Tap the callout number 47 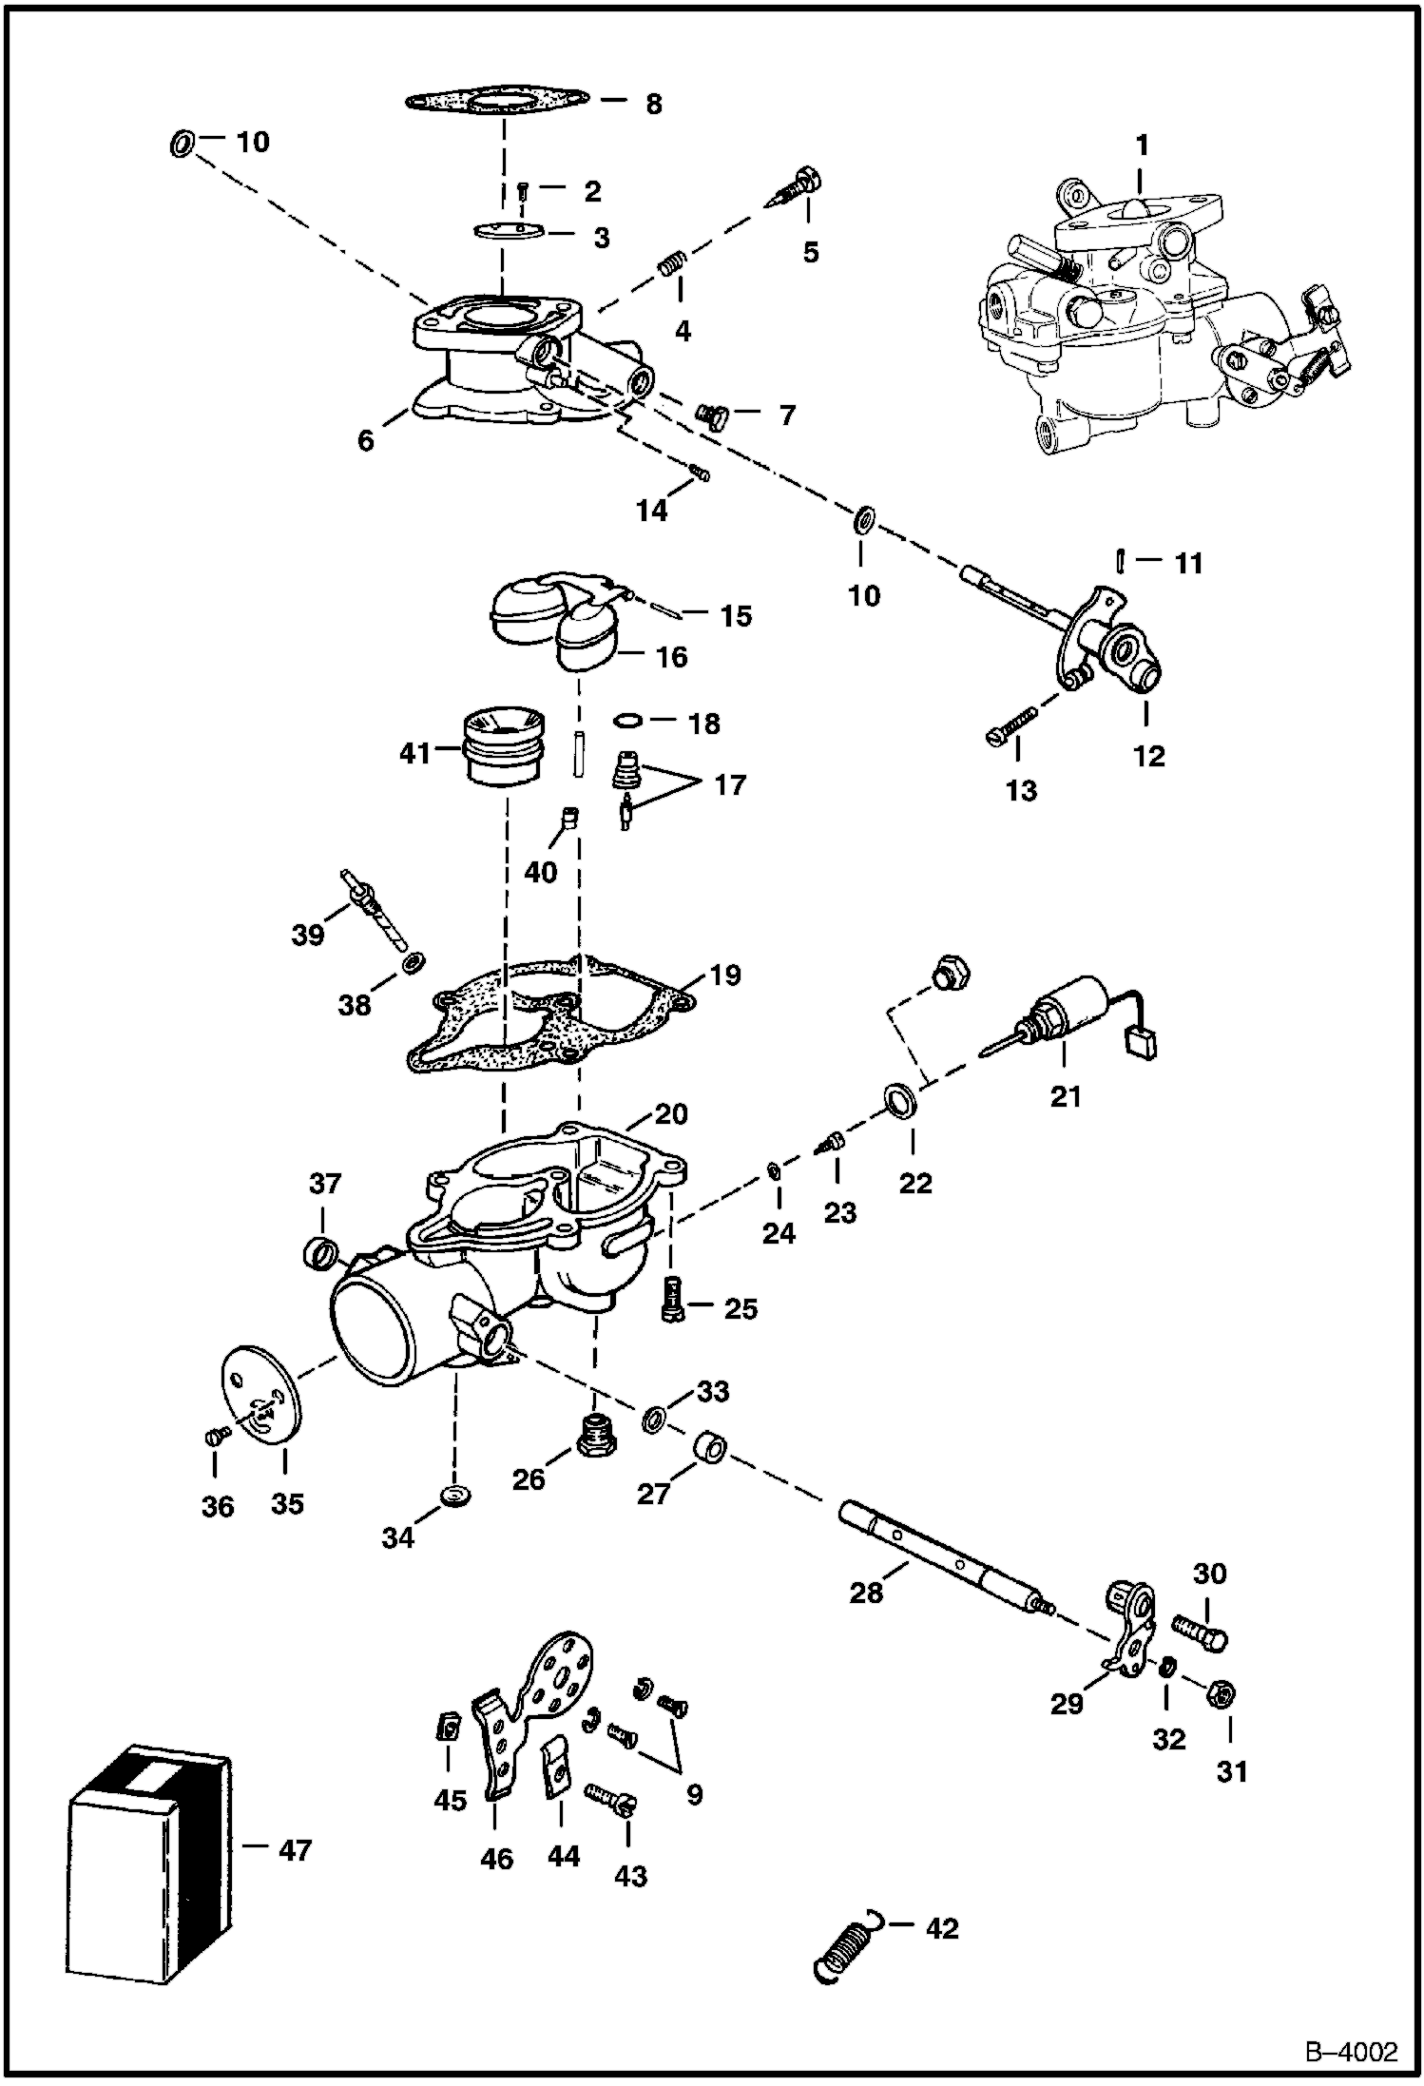pos(295,1849)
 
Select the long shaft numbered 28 pos(941,1559)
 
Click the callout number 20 pos(671,1113)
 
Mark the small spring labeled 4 pos(672,261)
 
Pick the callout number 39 pos(307,936)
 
